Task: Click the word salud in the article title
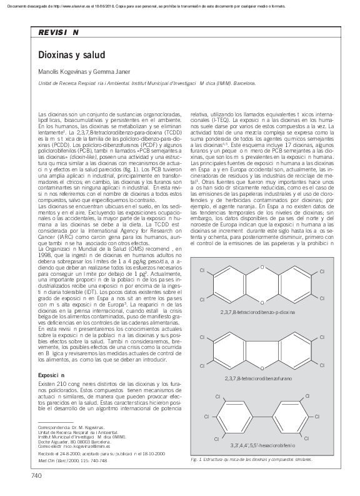point(93,56)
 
